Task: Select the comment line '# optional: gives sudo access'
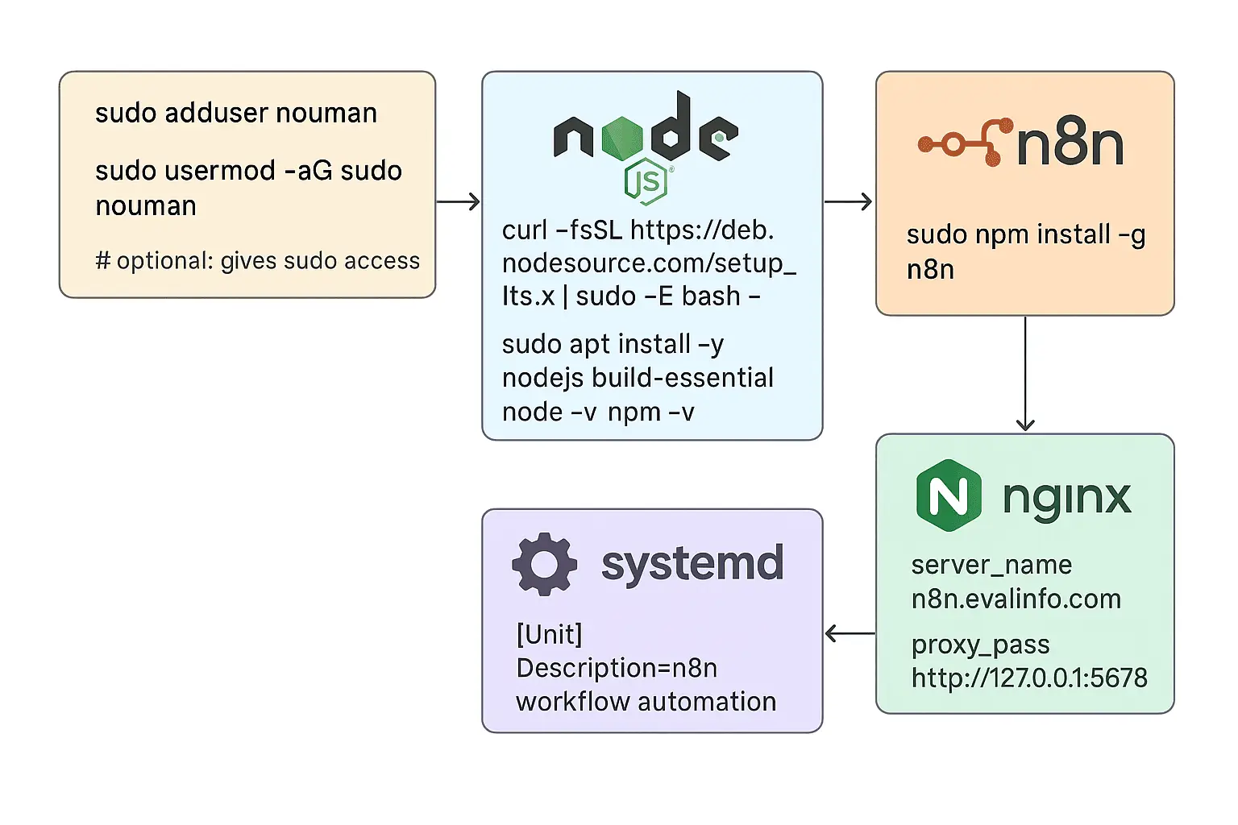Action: click(257, 261)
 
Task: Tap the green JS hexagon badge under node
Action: click(646, 183)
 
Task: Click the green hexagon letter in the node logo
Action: click(621, 136)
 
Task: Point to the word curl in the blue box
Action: click(525, 230)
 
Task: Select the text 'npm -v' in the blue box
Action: click(650, 412)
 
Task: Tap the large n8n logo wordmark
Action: click(1070, 144)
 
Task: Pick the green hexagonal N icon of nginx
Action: click(949, 495)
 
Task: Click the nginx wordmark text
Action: click(1066, 498)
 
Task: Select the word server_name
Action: click(991, 565)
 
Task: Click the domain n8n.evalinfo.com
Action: click(1016, 599)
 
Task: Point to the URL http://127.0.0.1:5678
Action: click(1029, 678)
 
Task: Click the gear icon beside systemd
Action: click(545, 564)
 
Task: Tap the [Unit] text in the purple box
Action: click(549, 635)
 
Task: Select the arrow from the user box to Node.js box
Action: click(459, 201)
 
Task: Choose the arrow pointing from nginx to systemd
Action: click(850, 634)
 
